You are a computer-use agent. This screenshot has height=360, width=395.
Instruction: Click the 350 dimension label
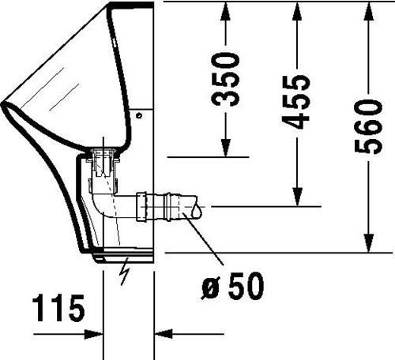[x=225, y=79]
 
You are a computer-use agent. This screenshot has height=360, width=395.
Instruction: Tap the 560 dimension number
[x=368, y=126]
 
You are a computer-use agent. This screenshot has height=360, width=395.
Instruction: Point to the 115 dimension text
[x=58, y=308]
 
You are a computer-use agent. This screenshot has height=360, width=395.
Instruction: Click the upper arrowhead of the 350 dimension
[x=226, y=11]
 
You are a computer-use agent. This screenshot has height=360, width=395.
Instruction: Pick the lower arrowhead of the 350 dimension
[x=226, y=148]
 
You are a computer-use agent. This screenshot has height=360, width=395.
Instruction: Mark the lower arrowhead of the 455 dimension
[x=297, y=197]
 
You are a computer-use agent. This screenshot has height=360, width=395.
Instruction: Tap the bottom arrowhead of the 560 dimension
[x=369, y=243]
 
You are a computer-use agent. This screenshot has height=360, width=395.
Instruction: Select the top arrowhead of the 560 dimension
[x=369, y=11]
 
